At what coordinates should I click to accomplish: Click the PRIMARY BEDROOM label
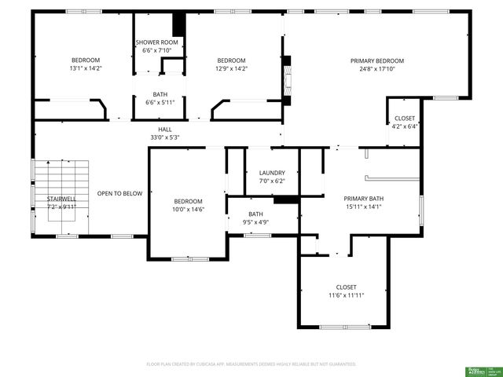point(377,61)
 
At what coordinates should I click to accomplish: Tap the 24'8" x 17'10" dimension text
point(377,68)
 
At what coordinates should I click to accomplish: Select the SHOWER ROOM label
point(157,42)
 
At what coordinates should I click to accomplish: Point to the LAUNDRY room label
point(272,173)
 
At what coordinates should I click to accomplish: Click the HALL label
point(165,130)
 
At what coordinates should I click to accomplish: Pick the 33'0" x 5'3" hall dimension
point(165,137)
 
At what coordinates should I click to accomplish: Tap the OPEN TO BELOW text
point(119,193)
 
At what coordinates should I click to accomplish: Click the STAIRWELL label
point(61,199)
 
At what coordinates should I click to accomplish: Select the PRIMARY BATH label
point(364,199)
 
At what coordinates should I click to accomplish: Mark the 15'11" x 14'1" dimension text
point(364,207)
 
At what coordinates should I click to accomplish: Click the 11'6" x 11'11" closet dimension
point(346,295)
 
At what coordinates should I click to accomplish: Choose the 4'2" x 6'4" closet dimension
point(405,126)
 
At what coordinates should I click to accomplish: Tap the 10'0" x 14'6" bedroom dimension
point(189,209)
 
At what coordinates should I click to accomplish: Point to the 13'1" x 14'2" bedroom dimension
point(86,68)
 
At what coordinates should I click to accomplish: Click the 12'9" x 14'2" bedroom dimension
point(231,68)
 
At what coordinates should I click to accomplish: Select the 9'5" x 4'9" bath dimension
point(256,222)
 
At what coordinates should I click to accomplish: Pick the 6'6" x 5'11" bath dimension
point(160,102)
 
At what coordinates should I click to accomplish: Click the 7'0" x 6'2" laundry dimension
point(272,181)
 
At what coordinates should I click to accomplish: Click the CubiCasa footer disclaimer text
point(251,364)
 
